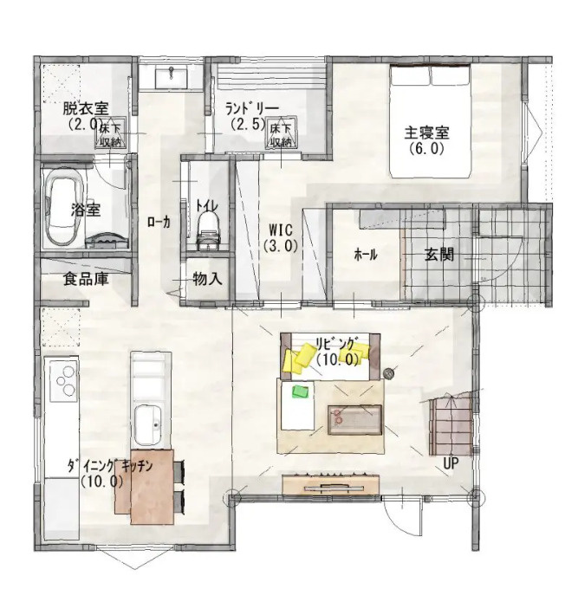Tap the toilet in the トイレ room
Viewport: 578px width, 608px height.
[208, 230]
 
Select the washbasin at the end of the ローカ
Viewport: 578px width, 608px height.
[171, 77]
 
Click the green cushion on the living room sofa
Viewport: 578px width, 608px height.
[301, 391]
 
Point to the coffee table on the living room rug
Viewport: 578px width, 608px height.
[355, 419]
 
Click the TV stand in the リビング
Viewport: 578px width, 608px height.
[331, 485]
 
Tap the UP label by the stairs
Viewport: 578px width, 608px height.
[451, 463]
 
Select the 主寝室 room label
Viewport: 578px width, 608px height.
[426, 133]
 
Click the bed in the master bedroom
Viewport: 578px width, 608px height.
[431, 122]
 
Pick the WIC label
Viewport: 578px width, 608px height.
[281, 230]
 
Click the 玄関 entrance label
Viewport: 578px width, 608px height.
[439, 255]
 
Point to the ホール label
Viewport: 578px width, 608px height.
[366, 255]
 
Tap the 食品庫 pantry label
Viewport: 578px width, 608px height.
[86, 279]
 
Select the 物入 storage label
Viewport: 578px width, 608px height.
[207, 278]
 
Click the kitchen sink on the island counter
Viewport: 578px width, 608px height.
[148, 425]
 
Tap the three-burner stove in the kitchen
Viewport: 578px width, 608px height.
[63, 380]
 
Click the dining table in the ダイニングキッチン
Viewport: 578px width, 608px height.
[152, 488]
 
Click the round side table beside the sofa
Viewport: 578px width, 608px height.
[388, 373]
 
